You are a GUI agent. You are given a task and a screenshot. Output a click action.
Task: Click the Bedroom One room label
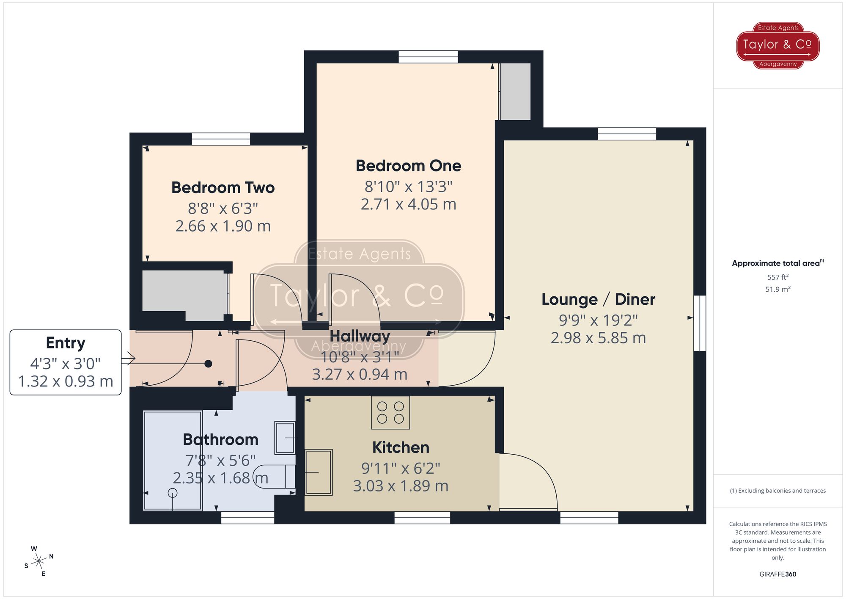408,166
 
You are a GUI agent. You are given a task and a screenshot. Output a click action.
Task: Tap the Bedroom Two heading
223,188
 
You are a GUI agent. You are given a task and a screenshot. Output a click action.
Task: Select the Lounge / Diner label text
598,299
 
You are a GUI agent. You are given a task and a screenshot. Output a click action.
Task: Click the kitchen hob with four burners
390,413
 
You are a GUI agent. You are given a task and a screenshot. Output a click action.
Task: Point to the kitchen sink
319,472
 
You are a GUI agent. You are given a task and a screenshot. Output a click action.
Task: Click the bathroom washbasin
285,438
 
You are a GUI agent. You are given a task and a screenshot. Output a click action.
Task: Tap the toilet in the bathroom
275,477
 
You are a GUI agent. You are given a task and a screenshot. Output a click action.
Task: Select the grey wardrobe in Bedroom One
515,91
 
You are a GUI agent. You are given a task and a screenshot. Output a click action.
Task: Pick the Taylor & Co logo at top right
778,46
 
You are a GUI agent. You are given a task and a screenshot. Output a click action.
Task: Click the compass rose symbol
39,561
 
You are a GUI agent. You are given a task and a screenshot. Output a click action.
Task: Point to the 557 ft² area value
778,277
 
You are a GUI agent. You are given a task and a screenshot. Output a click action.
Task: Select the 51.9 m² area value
778,289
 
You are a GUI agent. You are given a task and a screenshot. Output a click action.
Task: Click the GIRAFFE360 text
778,574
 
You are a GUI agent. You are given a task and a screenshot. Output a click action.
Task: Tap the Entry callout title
66,343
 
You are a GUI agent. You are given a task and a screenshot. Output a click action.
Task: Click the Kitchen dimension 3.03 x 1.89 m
401,486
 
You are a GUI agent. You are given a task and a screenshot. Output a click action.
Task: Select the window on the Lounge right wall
700,323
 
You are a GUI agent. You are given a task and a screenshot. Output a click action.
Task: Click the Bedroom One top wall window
428,57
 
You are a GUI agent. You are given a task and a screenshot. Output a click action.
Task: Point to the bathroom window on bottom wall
248,517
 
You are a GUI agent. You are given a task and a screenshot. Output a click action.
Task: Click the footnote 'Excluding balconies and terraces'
778,491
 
